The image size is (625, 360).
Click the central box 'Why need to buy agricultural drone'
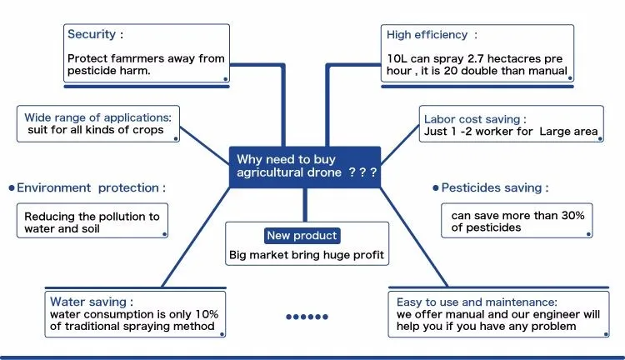pos(305,165)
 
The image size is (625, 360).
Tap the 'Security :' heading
pos(95,35)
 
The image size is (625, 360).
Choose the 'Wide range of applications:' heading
pos(97,117)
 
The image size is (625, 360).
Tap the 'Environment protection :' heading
pos(91,188)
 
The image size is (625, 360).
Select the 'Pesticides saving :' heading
pos(495,188)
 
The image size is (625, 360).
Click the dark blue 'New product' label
pos(302,236)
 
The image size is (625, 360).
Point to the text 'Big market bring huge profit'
pos(306,256)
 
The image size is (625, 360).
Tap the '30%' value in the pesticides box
pos(572,215)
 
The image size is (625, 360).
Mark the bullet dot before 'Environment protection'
pos(12,188)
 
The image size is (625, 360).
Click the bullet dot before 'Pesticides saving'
pos(435,188)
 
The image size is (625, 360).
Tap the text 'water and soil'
pos(63,228)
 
